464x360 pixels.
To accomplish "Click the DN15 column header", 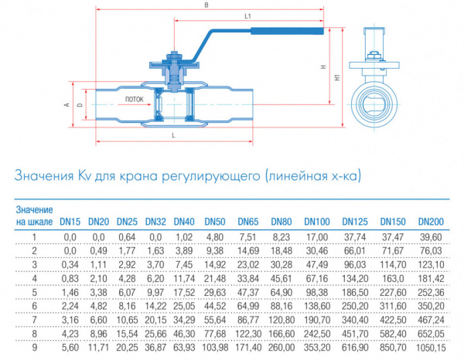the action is pyautogui.click(x=70, y=222).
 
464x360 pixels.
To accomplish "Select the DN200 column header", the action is pyautogui.click(x=431, y=222).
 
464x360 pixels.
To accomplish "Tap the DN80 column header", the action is pyautogui.click(x=281, y=222).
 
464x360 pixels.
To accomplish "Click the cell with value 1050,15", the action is pyautogui.click(x=431, y=348).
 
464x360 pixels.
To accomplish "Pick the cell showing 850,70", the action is pyautogui.click(x=393, y=348).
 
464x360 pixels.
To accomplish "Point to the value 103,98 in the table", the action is pyautogui.click(x=215, y=348).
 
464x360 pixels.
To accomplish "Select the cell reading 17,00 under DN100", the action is pyautogui.click(x=317, y=237).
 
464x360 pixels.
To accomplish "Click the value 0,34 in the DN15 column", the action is pyautogui.click(x=70, y=264).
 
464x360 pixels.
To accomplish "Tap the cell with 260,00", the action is pyautogui.click(x=281, y=348).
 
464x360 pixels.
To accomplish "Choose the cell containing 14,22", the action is pyautogui.click(x=155, y=306).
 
